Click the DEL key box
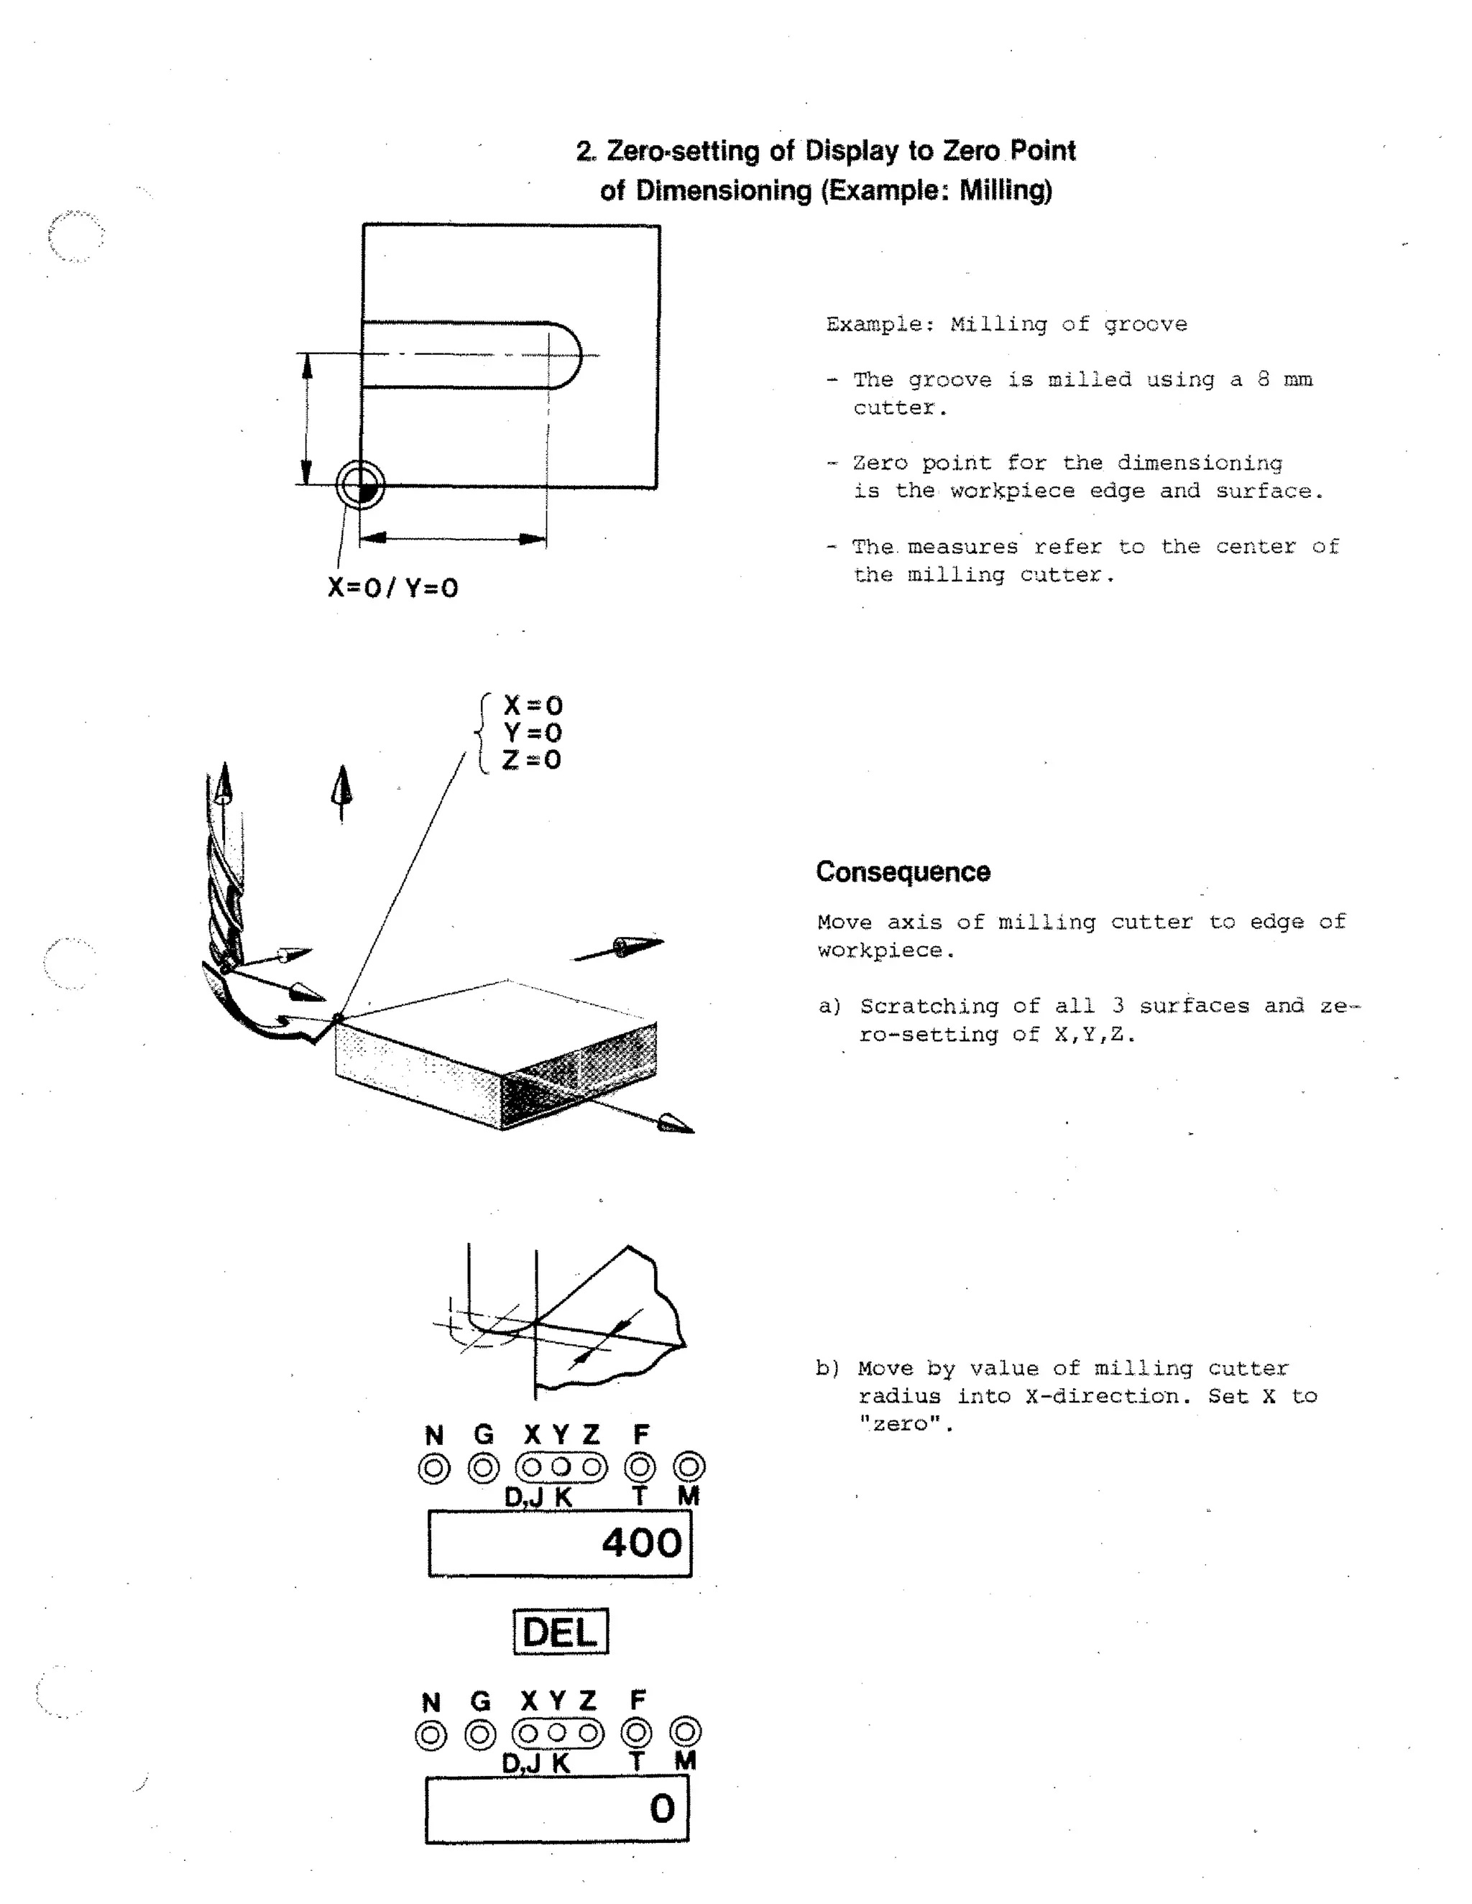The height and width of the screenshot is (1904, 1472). pyautogui.click(x=560, y=1632)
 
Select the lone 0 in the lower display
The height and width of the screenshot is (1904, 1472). pyautogui.click(x=662, y=1808)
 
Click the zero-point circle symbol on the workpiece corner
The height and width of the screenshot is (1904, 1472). pyautogui.click(x=360, y=486)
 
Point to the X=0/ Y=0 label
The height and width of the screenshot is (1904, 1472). pyautogui.click(x=392, y=588)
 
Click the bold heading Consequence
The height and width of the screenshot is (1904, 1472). pyautogui.click(x=903, y=872)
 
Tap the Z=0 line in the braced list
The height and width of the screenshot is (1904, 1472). pyautogui.click(x=531, y=759)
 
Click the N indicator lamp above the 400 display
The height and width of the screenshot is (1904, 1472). pyautogui.click(x=434, y=1468)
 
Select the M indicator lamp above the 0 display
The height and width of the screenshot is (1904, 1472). pyautogui.click(x=686, y=1732)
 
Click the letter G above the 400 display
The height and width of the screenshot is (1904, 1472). pyautogui.click(x=484, y=1434)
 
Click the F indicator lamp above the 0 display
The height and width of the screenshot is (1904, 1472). pyautogui.click(x=637, y=1732)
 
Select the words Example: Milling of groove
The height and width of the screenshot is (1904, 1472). pyautogui.click(x=1006, y=324)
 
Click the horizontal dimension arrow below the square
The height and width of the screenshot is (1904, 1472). pyautogui.click(x=453, y=538)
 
